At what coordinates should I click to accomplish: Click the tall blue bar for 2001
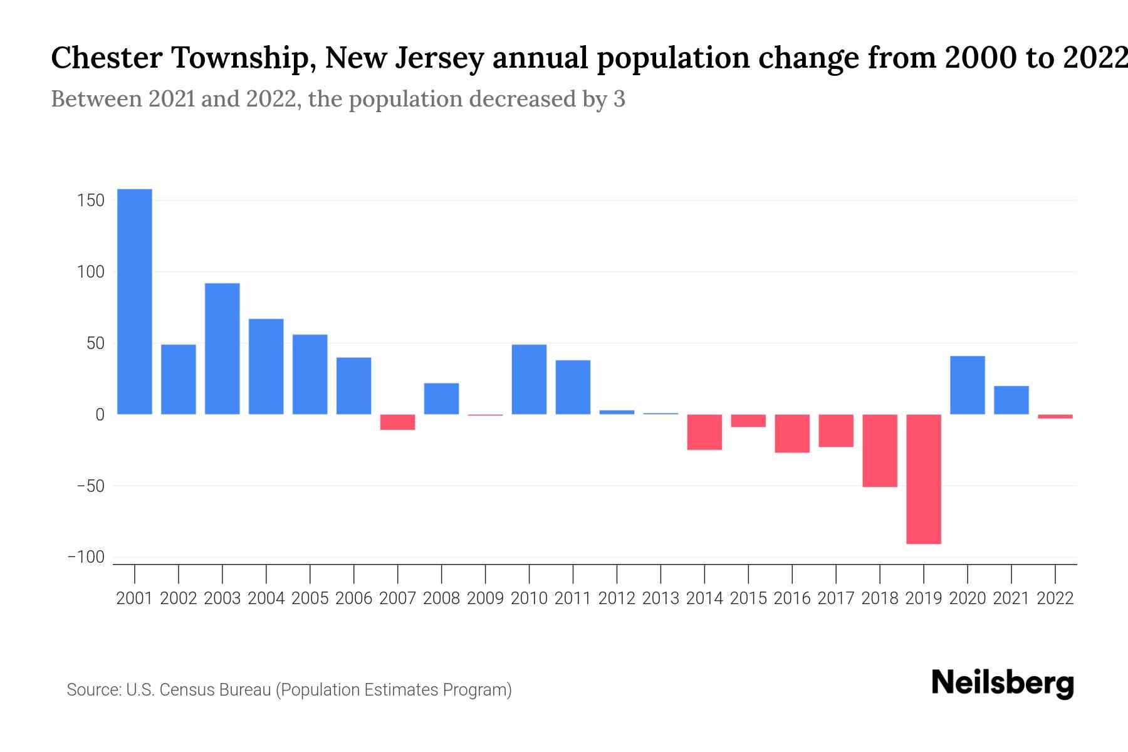coord(135,301)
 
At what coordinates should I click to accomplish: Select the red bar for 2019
coord(924,479)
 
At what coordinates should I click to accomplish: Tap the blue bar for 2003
coord(222,348)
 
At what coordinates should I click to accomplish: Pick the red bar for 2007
coord(398,422)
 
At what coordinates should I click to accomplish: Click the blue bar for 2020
coord(968,385)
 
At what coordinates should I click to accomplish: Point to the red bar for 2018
coord(880,450)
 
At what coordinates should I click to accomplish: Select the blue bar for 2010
coord(529,379)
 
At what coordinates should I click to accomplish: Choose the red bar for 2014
coord(704,432)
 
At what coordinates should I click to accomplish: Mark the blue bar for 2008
coord(442,399)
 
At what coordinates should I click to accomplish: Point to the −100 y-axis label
coord(86,557)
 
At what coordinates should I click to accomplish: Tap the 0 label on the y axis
coord(100,414)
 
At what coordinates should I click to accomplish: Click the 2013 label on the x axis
coord(661,598)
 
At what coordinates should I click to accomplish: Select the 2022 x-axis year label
coord(1055,598)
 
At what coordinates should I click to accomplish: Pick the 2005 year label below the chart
coord(310,598)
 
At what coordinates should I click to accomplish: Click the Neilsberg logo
coord(1003,683)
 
